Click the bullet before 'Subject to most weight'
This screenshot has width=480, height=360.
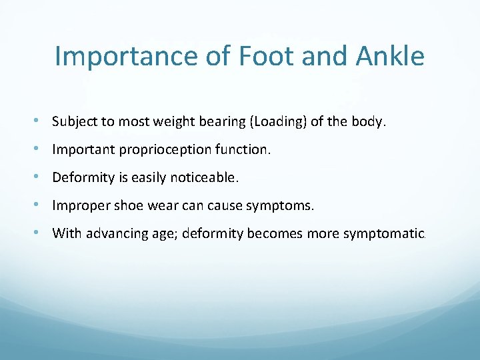pos(43,121)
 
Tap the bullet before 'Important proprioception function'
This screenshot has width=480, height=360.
pos(43,149)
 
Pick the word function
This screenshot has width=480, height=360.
pos(245,149)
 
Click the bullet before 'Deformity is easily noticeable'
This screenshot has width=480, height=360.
pos(43,177)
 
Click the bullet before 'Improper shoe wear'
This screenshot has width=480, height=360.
pos(43,205)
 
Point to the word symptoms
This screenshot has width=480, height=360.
pos(279,206)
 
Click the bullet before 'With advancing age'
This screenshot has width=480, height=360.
pos(43,233)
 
